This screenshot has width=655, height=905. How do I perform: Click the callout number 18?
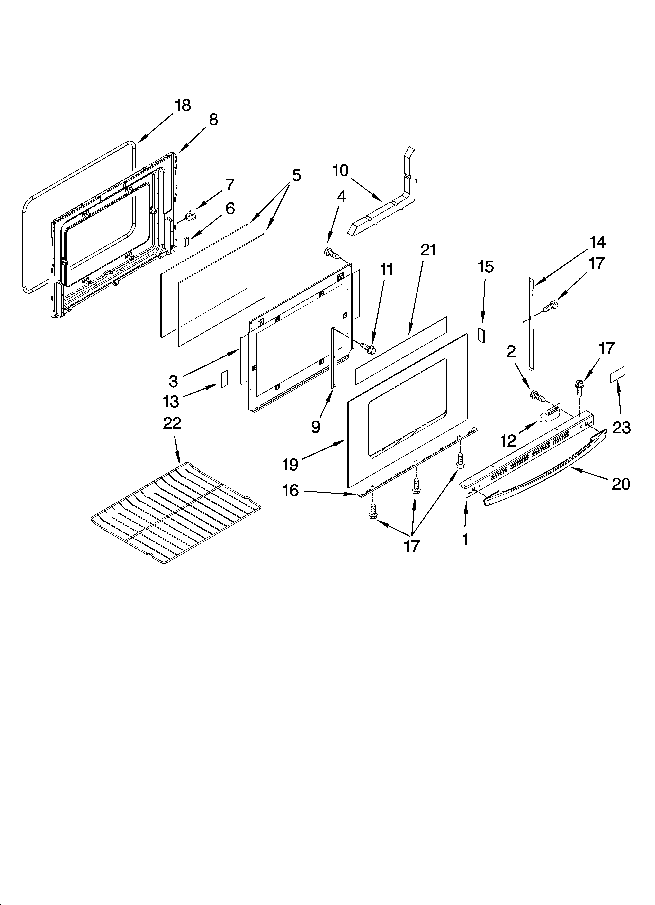point(183,105)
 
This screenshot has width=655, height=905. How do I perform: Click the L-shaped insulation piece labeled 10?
point(383,211)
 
